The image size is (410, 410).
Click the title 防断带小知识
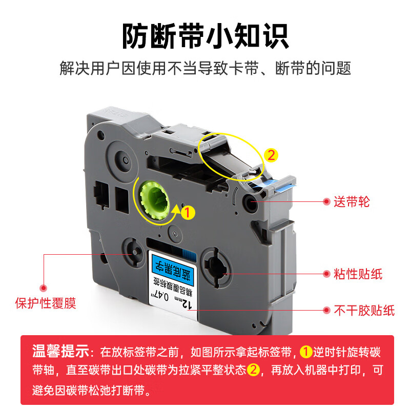click(x=205, y=36)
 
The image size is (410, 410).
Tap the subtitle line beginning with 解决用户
click(x=205, y=68)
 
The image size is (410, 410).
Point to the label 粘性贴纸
click(x=358, y=274)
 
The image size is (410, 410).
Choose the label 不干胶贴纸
click(x=364, y=310)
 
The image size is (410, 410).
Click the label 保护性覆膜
click(x=45, y=303)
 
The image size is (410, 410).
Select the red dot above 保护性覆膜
click(x=44, y=288)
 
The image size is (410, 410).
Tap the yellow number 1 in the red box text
click(x=306, y=352)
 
